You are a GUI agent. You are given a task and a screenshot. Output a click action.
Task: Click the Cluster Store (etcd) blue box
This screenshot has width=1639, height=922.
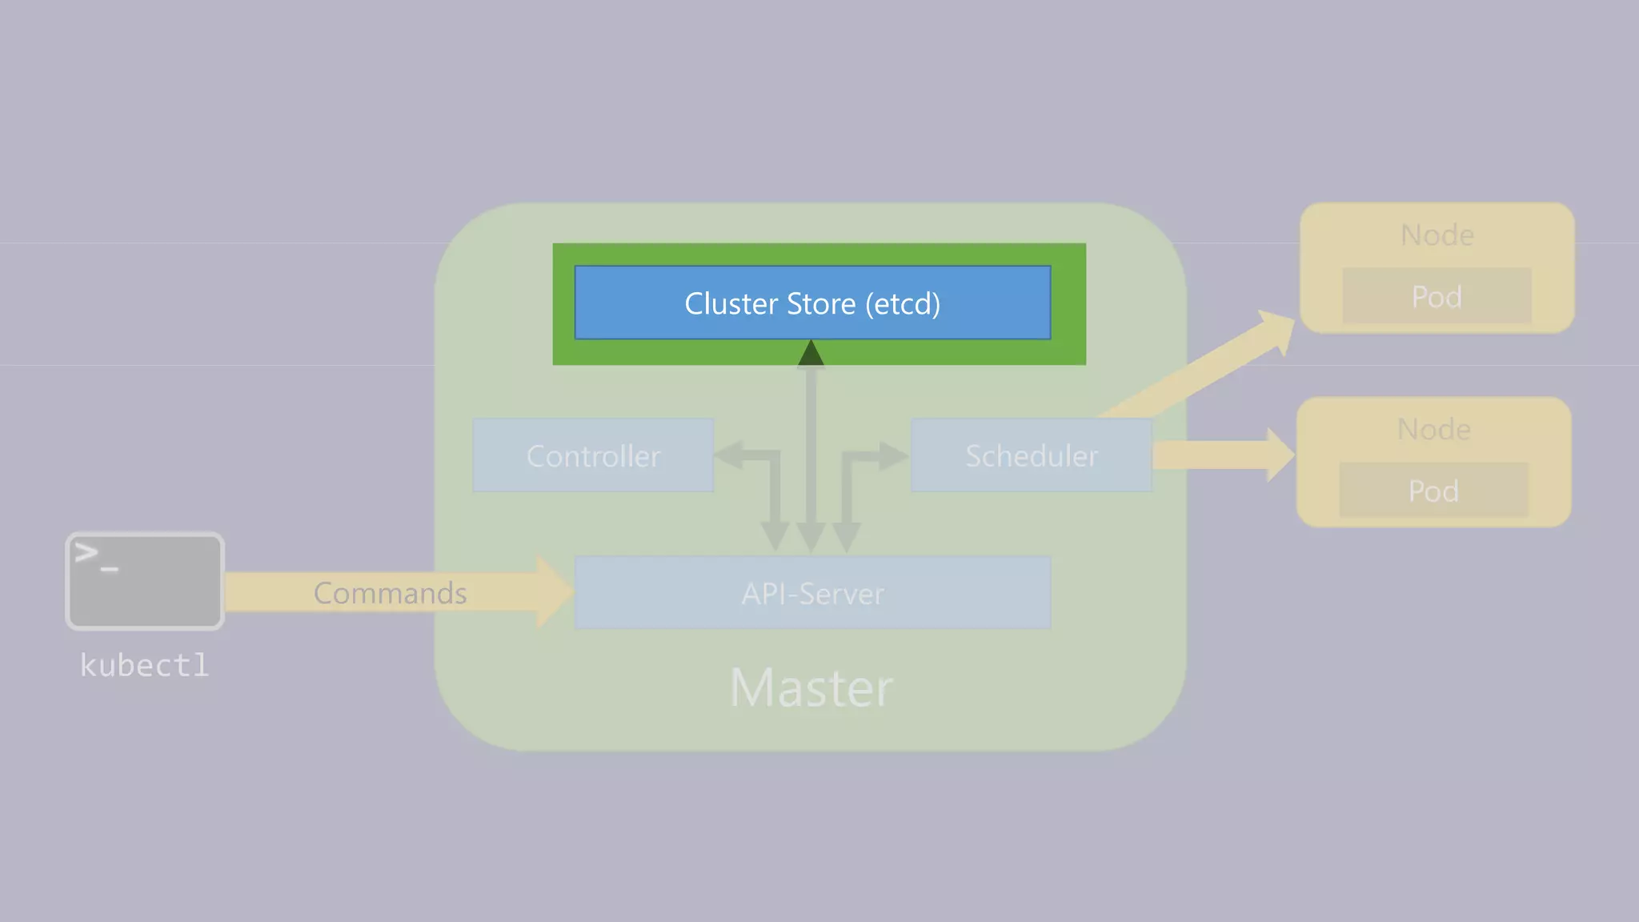point(812,303)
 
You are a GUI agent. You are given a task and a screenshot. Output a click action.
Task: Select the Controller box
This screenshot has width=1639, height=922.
point(593,455)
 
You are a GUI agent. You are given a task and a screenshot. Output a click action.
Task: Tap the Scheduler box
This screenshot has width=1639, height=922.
point(1031,455)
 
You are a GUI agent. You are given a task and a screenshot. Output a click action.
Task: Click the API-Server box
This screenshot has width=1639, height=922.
point(812,593)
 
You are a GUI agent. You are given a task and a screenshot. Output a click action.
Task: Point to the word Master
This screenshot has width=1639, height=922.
point(811,687)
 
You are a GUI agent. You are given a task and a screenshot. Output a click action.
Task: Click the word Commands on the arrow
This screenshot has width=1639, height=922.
point(390,593)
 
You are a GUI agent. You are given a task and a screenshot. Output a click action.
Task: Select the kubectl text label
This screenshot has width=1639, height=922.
point(144,665)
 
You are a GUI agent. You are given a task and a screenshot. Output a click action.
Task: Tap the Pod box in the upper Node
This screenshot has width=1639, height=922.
point(1437,296)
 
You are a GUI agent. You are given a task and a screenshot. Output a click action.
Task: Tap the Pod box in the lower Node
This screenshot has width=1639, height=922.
point(1433,490)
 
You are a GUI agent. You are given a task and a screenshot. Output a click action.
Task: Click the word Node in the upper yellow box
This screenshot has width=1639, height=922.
point(1437,235)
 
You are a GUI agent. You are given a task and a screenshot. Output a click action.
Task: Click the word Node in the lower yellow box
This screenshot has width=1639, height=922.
point(1433,429)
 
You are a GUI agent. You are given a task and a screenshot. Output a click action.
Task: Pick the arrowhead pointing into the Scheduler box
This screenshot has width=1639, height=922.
point(894,455)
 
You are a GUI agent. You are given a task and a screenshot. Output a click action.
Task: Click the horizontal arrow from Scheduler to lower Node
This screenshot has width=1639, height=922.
point(1216,455)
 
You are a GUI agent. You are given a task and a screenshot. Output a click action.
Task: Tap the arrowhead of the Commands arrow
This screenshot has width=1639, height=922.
point(555,592)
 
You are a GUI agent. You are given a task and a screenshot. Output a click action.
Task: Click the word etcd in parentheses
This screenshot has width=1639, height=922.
point(903,303)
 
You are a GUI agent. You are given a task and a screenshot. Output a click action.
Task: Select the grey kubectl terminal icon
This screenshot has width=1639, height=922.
point(144,581)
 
